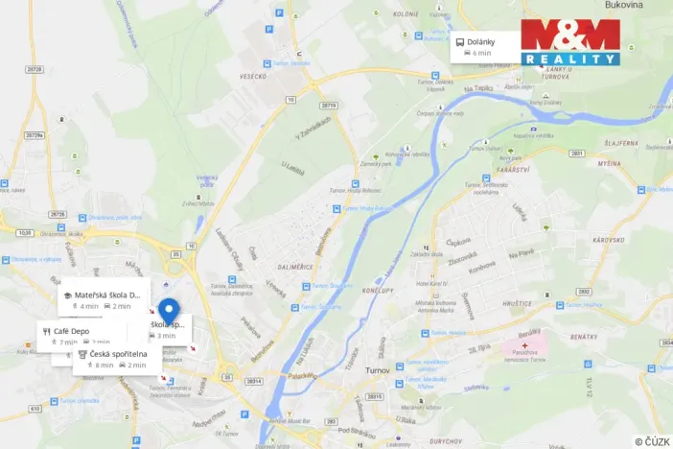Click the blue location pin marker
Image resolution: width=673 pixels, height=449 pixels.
(x=169, y=311)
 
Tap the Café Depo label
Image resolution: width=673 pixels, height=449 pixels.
(x=71, y=331)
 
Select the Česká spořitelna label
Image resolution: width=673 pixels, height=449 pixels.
(x=118, y=354)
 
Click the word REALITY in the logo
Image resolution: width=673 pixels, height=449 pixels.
(x=570, y=59)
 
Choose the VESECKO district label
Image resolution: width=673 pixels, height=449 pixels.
(x=251, y=77)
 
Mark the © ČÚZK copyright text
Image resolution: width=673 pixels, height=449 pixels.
(x=653, y=441)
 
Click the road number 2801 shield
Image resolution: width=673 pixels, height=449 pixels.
(x=577, y=154)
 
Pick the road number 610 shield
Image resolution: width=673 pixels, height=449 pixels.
(x=35, y=408)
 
